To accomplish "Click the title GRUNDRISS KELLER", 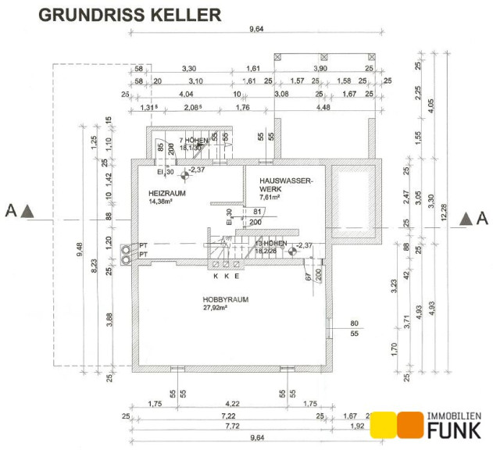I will (x=129, y=15).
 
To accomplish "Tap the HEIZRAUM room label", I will (x=166, y=192).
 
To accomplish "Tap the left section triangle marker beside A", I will (x=27, y=210).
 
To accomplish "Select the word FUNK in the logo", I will (x=454, y=429).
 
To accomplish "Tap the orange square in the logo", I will (x=409, y=424).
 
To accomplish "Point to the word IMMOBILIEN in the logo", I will (x=454, y=416).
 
